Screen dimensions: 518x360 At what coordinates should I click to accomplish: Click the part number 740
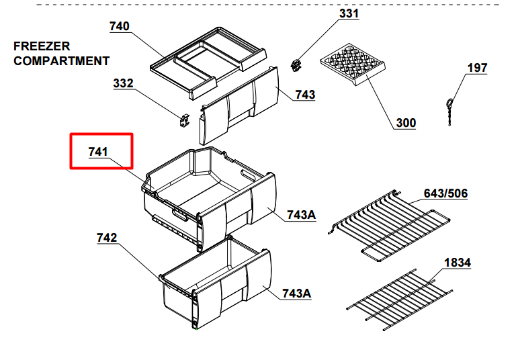click(120, 26)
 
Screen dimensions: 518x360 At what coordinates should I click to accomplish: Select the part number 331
click(349, 13)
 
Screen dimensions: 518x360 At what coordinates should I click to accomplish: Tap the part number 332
click(123, 83)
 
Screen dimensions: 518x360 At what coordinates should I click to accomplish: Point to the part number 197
click(478, 68)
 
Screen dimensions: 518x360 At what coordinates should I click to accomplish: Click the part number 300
click(406, 123)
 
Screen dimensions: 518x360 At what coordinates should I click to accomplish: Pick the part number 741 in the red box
click(98, 152)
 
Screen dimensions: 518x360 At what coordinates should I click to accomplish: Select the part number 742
click(107, 238)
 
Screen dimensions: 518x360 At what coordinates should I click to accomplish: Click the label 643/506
click(445, 193)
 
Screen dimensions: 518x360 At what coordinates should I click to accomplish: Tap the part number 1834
click(458, 263)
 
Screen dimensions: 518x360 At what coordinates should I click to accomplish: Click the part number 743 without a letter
click(305, 95)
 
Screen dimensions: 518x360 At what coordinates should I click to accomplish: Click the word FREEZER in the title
click(42, 46)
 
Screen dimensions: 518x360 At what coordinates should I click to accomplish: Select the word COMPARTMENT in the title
click(61, 61)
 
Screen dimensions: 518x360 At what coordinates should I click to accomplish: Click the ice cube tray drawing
click(353, 64)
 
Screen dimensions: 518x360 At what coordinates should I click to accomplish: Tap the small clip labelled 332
click(185, 120)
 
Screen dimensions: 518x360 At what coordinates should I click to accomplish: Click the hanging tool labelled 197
click(449, 111)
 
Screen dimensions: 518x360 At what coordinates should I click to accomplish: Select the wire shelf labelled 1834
click(400, 300)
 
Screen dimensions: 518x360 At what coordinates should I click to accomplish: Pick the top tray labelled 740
click(208, 62)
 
